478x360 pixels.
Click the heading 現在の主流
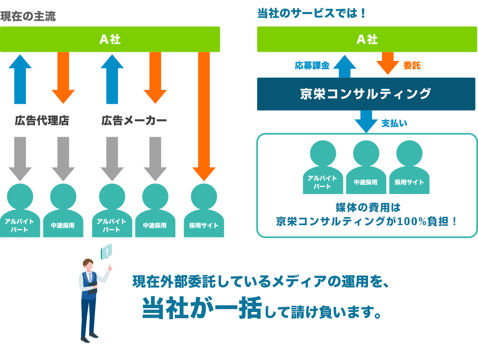28,16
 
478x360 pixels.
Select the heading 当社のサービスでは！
312,13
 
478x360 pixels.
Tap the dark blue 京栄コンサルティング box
366,94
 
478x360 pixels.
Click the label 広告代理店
42,120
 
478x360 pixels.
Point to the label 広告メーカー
134,120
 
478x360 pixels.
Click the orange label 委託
412,65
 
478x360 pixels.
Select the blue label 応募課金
312,65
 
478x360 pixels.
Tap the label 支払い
394,123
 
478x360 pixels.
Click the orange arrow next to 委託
388,63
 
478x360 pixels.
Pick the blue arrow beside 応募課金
345,66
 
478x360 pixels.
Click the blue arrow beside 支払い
366,121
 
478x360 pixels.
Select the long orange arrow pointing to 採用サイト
204,116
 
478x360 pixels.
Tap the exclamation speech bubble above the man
106,251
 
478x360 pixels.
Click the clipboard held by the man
93,288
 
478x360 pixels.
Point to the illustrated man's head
88,264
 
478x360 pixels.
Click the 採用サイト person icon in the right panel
409,167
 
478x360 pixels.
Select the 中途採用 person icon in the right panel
366,167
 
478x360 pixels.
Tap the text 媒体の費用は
368,208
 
